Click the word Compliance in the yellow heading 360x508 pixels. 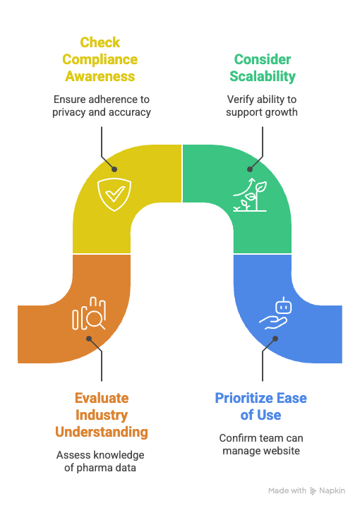point(100,59)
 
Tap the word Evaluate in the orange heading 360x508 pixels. point(102,398)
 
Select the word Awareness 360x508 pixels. point(100,76)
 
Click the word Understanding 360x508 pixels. point(102,432)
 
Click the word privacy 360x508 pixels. point(68,112)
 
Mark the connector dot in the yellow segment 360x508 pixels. point(114,169)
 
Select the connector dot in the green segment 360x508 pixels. point(251,169)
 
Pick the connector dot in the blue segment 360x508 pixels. point(275,338)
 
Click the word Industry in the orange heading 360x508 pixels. point(102,415)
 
